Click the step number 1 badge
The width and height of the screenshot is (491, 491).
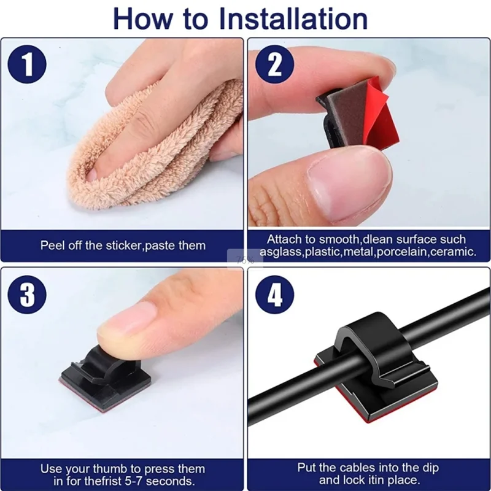pyautogui.click(x=28, y=64)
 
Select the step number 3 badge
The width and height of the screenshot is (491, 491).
pyautogui.click(x=28, y=294)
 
